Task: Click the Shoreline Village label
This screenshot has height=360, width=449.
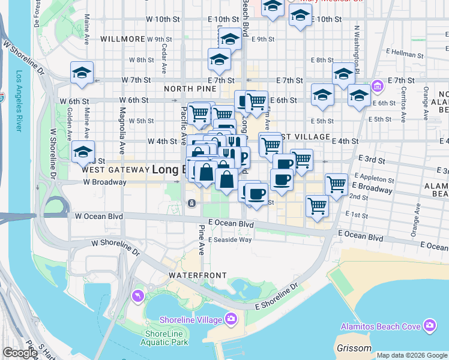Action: coord(191,319)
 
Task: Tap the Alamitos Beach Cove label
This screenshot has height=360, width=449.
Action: coord(382,326)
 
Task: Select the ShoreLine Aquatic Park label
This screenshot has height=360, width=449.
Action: coord(166,338)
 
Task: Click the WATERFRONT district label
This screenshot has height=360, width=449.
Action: coord(197,275)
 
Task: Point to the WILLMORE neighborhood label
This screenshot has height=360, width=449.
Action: coord(123,39)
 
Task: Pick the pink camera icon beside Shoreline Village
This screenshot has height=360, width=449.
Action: coord(231,319)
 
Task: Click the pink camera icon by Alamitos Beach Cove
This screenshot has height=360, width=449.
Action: coord(429,326)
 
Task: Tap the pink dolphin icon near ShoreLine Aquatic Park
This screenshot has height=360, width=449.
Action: coord(139,296)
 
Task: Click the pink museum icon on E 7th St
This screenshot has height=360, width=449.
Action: coord(377,85)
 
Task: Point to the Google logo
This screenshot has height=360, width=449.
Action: coord(20,353)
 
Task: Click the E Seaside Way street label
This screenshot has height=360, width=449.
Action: coord(229,239)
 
